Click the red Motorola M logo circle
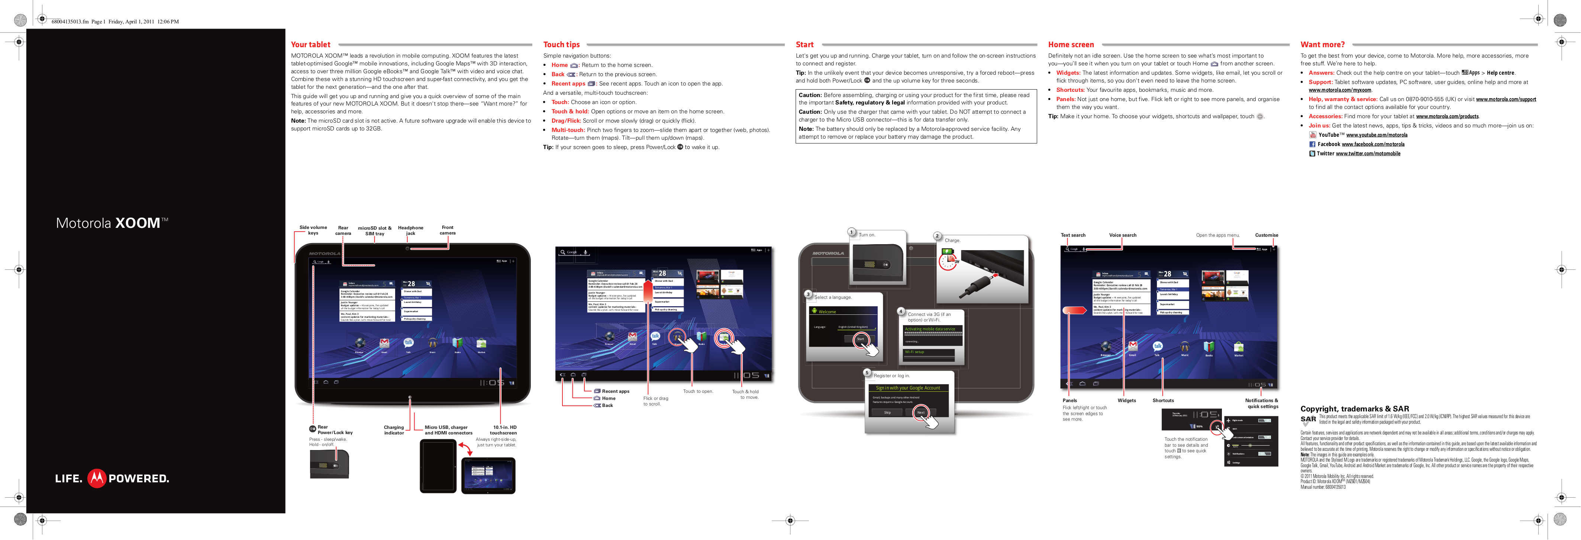click(x=96, y=478)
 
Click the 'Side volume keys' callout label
click(x=313, y=230)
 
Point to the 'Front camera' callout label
click(x=448, y=230)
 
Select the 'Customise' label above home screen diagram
click(x=1266, y=235)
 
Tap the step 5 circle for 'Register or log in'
click(x=867, y=372)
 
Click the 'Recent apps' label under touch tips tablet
click(x=615, y=391)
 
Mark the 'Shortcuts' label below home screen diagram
click(x=1162, y=401)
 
